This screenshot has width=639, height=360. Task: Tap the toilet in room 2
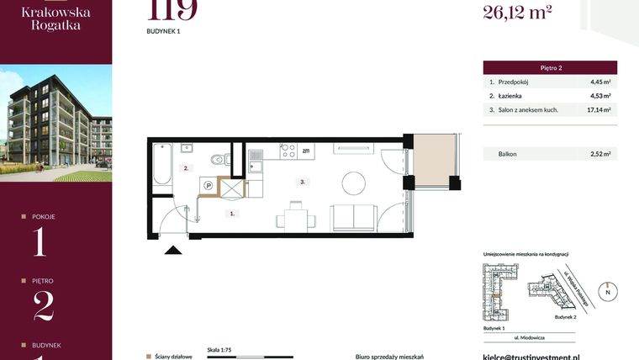[218, 158]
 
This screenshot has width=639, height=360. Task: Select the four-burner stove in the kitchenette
[288, 151]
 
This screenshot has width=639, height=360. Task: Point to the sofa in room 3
[348, 217]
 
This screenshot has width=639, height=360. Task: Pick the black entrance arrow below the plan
[174, 249]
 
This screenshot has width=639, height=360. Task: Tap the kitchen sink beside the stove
[255, 154]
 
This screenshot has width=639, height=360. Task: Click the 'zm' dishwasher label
[306, 151]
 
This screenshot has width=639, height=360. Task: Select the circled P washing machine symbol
[207, 186]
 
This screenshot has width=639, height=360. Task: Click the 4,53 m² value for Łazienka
[599, 96]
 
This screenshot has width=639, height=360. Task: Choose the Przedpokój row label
[515, 82]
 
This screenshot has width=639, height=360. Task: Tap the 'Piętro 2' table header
[550, 67]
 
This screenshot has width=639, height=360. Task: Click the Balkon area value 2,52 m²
[599, 154]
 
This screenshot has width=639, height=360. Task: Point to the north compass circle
[610, 291]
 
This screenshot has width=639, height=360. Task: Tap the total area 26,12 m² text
[516, 11]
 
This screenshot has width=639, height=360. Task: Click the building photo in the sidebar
[55, 124]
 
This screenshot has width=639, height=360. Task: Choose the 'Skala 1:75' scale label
[219, 347]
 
